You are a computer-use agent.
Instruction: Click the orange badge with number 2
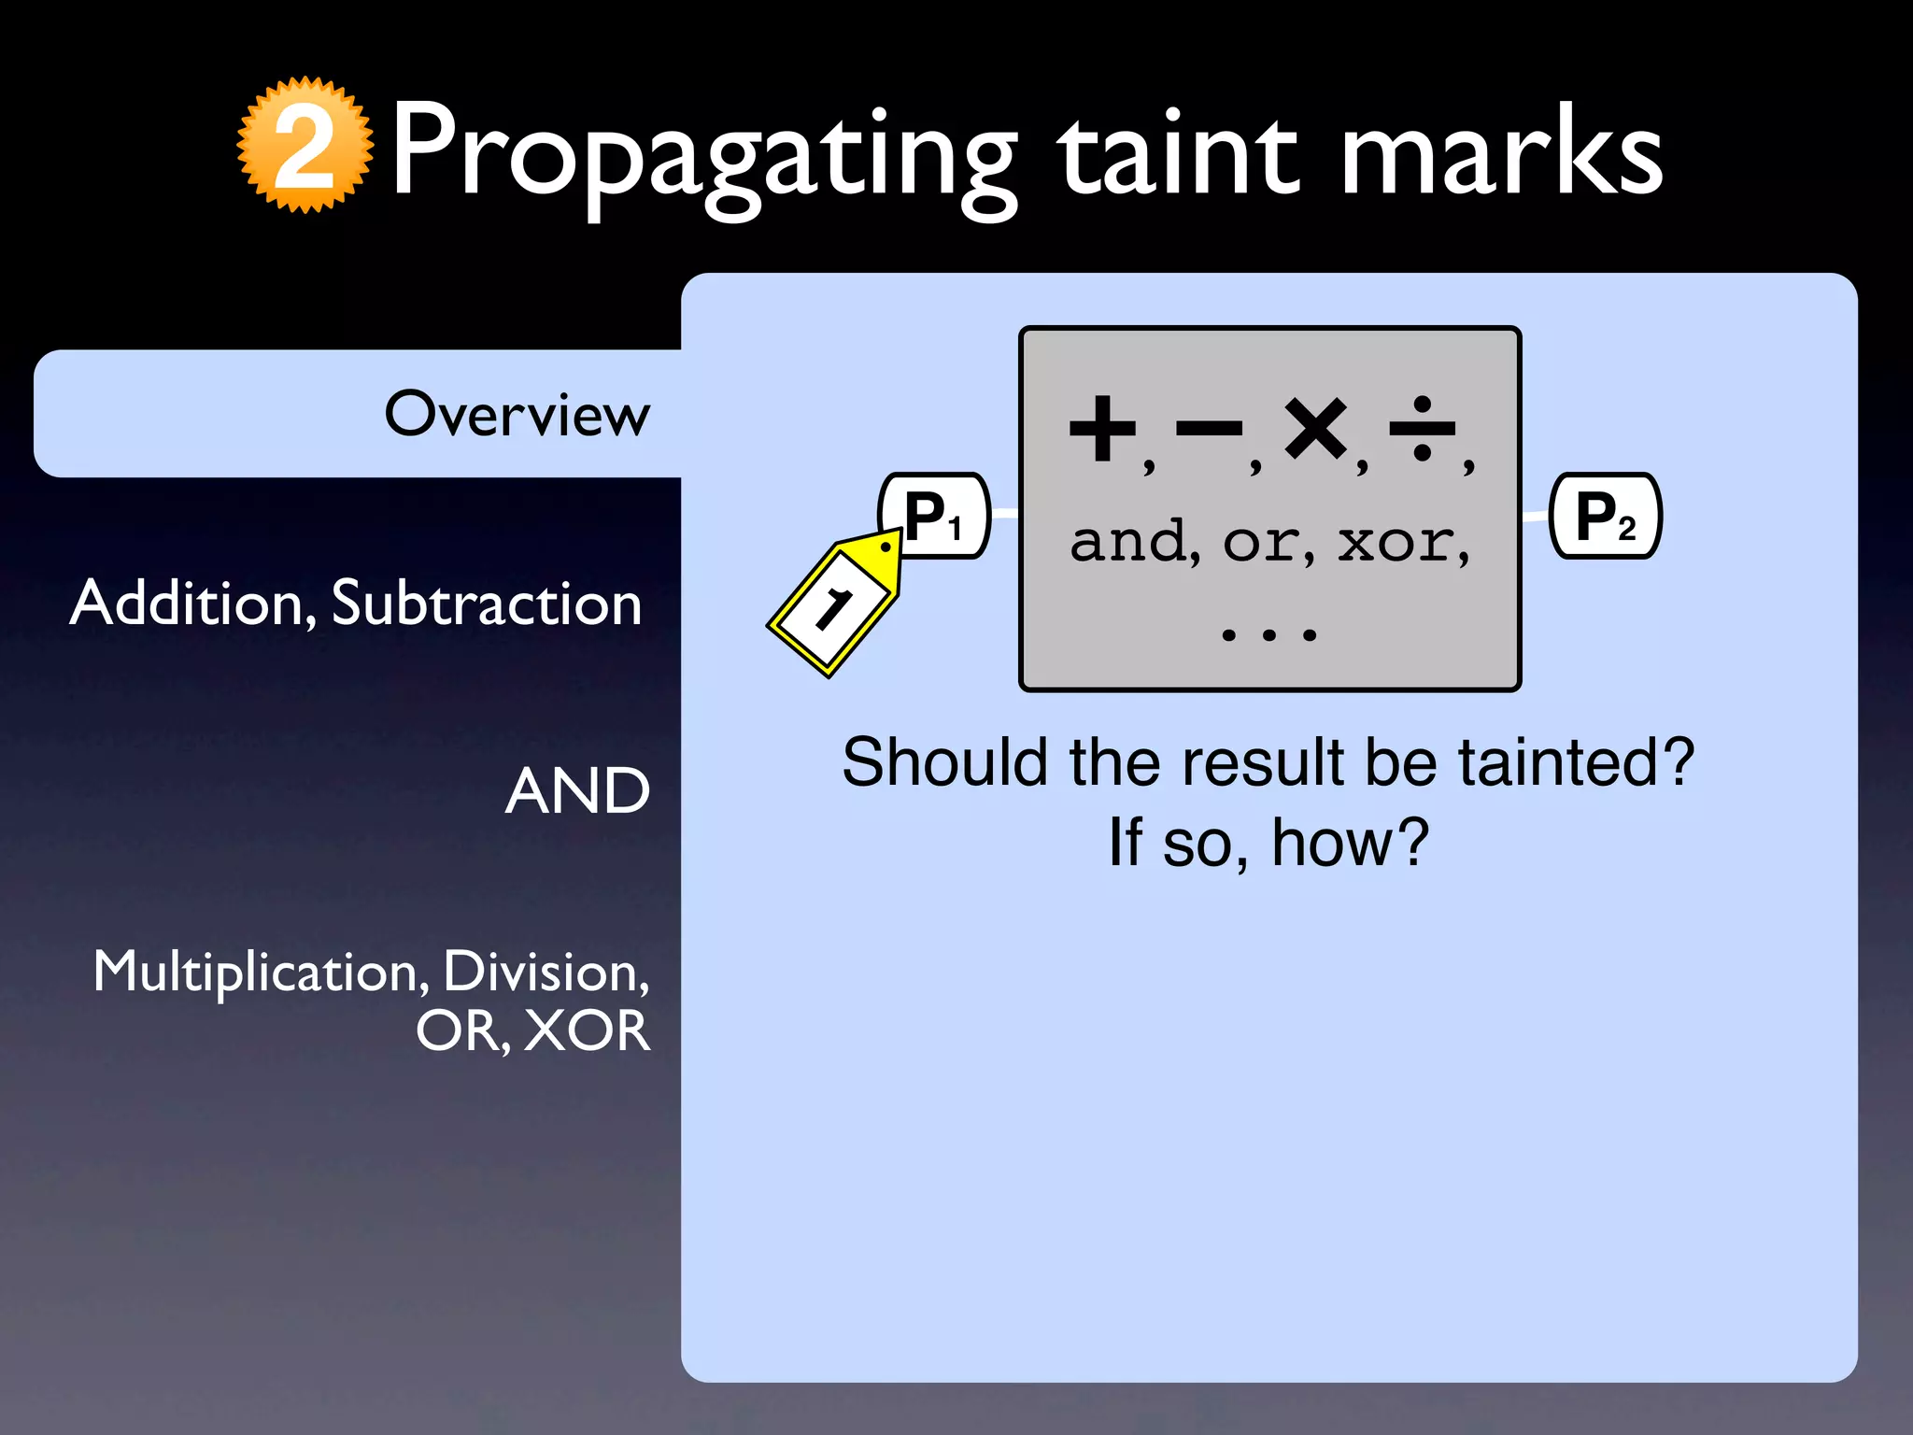pyautogui.click(x=305, y=146)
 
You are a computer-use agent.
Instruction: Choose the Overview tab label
pyautogui.click(x=517, y=414)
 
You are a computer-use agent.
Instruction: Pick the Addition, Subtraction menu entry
pyautogui.click(x=356, y=603)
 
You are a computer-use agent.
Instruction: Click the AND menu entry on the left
pyautogui.click(x=577, y=791)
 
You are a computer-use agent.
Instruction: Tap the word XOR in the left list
pyautogui.click(x=587, y=1031)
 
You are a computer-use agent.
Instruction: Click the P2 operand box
pyautogui.click(x=1605, y=516)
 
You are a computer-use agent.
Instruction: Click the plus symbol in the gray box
pyautogui.click(x=1102, y=429)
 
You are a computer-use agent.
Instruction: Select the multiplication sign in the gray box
pyautogui.click(x=1315, y=429)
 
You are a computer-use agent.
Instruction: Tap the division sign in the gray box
pyautogui.click(x=1422, y=429)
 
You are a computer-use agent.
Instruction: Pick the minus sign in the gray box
pyautogui.click(x=1209, y=429)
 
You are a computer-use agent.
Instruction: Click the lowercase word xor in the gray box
pyautogui.click(x=1395, y=543)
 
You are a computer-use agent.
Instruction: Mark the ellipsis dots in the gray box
pyautogui.click(x=1268, y=635)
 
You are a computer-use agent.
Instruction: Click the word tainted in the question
pyautogui.click(x=1576, y=762)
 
